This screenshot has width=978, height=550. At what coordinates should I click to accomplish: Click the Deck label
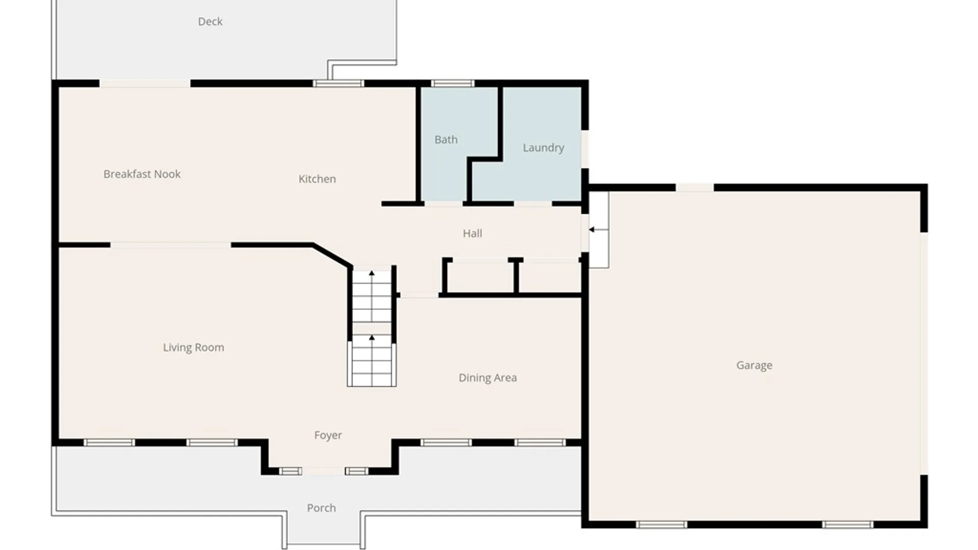pos(210,21)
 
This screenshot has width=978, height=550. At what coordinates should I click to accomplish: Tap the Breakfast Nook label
pos(142,174)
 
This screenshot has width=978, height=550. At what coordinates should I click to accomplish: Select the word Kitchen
pos(317,179)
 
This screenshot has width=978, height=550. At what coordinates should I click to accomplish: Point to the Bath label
pos(446,140)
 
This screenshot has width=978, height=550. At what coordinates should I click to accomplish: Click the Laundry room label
pos(544,148)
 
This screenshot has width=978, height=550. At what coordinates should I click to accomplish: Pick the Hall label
pos(472,233)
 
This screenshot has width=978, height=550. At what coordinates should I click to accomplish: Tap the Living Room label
pos(194,347)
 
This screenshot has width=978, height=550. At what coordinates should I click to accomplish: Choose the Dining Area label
pos(487,378)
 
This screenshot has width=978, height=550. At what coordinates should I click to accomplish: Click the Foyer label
pos(328,435)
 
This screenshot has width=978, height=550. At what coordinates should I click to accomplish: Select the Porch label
pos(321,508)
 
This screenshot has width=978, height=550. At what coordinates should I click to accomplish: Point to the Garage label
pos(754,365)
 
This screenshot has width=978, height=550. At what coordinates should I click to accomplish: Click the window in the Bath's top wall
pos(452,84)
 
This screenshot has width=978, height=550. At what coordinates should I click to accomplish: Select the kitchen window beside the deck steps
pos(338,84)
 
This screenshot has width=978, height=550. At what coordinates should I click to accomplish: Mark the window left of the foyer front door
pos(290,471)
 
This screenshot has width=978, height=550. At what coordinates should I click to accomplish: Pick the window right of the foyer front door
pos(357,471)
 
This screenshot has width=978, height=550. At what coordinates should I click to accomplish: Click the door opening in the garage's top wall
pos(695,187)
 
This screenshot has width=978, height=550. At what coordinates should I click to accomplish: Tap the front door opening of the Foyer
pos(323,471)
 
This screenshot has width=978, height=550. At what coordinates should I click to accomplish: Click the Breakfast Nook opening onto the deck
pos(145,84)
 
